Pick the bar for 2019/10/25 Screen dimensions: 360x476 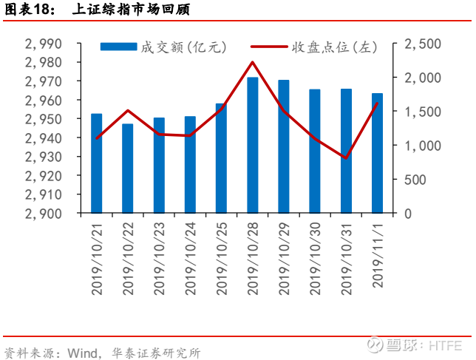[221, 158]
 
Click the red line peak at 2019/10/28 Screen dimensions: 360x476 [252, 62]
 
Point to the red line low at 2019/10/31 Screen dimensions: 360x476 [346, 157]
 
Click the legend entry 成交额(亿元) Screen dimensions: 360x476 [163, 47]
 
